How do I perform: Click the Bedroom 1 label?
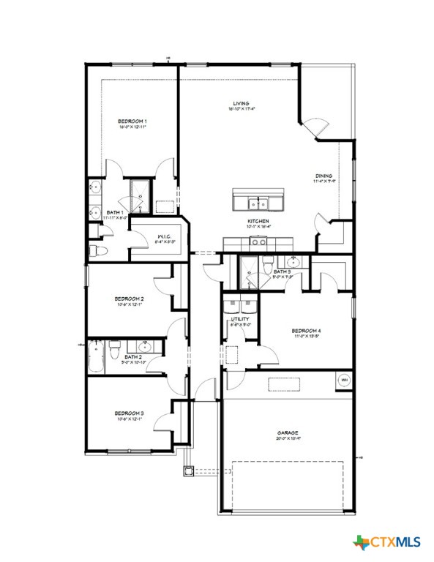[133, 121]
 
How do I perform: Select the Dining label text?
[324, 176]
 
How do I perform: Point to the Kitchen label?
[258, 221]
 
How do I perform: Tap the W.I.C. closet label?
[165, 236]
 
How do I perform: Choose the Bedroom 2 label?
[129, 299]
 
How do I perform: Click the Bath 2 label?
[133, 357]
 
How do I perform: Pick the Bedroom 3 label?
[129, 413]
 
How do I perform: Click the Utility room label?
[240, 319]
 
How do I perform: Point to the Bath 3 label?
[283, 272]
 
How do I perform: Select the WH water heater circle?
[343, 380]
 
